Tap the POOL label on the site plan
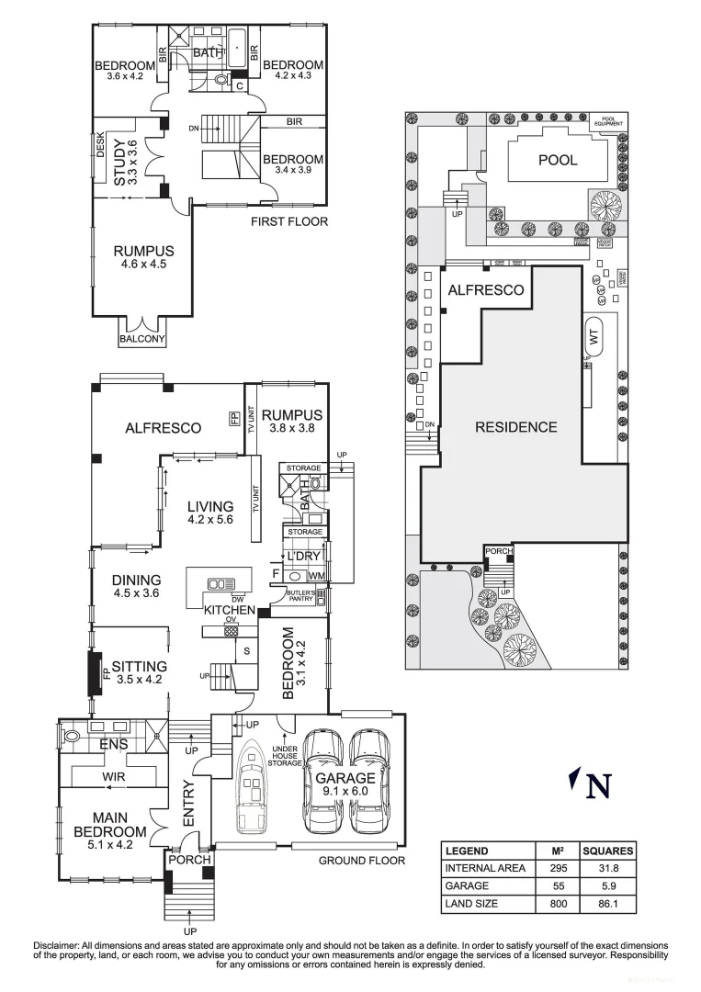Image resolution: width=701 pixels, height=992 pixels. pos(558,160)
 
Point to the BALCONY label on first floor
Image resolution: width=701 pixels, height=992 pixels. pos(142,339)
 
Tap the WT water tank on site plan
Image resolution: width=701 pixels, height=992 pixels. pos(593,337)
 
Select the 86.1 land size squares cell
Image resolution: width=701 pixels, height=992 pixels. pos(607,905)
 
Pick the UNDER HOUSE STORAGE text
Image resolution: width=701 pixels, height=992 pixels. pos(286,756)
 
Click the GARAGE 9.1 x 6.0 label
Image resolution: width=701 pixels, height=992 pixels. pos(345,783)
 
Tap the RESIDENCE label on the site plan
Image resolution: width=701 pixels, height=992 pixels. pos(515,426)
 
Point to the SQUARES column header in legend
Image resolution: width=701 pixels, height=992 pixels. pos(607,851)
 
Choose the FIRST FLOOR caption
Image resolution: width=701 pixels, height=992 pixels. pos(289,221)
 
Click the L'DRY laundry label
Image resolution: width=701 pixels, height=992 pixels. pos(301,558)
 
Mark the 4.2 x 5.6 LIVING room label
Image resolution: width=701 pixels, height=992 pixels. pos(211,513)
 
